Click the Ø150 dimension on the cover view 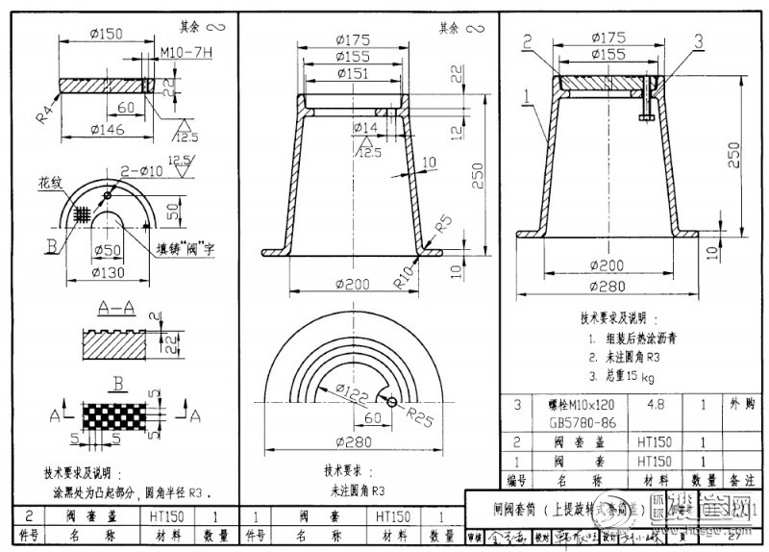tap(108, 35)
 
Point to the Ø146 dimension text tap(109, 127)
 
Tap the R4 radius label tap(45, 113)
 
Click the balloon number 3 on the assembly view tap(698, 39)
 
